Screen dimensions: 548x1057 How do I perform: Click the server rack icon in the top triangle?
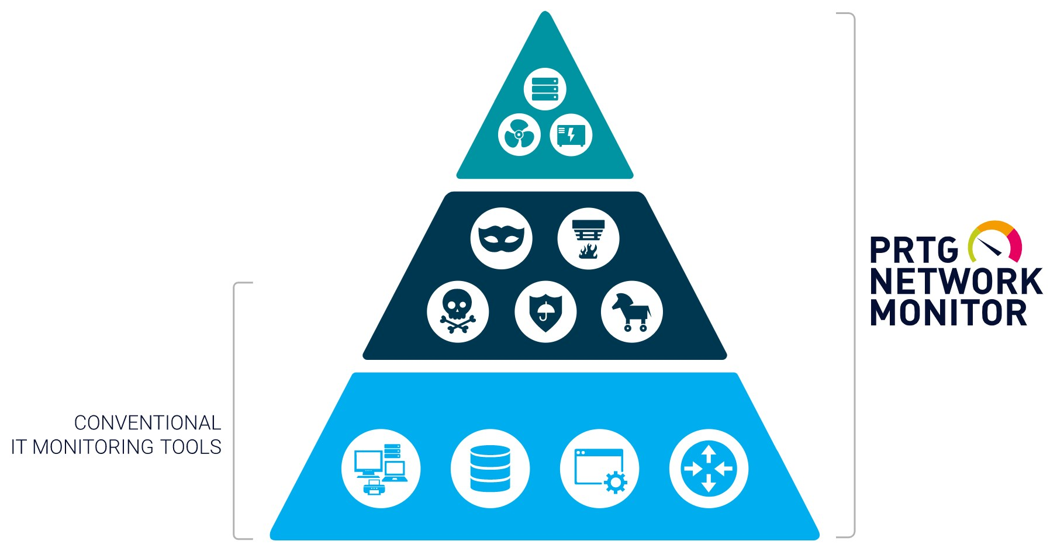(545, 89)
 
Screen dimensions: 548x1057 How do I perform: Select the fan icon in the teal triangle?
(519, 134)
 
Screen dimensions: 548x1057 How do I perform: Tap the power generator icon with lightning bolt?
(571, 134)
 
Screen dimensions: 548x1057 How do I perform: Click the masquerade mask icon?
(501, 238)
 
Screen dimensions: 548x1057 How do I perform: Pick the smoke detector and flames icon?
(588, 238)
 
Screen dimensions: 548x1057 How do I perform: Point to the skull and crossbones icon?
(458, 311)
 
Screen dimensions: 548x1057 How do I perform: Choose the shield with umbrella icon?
(545, 311)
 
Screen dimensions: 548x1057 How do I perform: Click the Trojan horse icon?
(631, 311)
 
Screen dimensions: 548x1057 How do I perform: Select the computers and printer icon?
(381, 469)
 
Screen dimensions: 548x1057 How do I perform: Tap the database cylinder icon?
(490, 469)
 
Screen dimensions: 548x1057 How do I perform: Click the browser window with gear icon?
(599, 469)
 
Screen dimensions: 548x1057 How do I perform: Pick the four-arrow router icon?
(709, 469)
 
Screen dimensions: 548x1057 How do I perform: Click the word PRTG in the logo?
(914, 251)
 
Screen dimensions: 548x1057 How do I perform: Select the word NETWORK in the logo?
(956, 282)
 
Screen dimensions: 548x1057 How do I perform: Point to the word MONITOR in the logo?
(948, 313)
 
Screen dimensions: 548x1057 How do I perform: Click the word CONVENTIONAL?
(147, 422)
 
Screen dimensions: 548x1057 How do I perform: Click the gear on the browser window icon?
(615, 483)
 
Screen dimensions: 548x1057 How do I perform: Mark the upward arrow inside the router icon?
(709, 453)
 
